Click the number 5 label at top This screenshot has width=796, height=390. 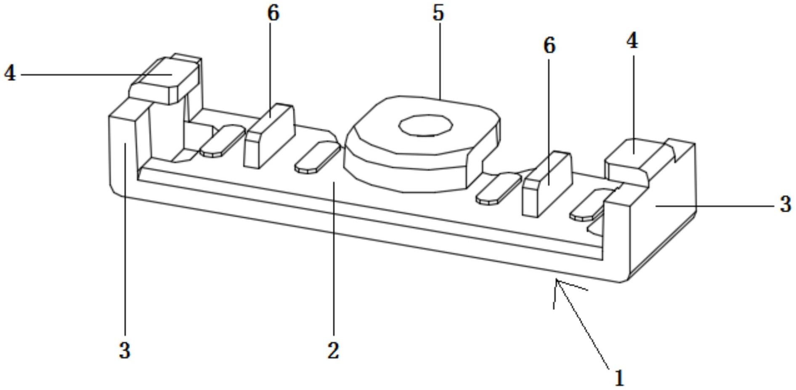click(x=438, y=13)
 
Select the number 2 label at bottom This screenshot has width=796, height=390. click(x=333, y=350)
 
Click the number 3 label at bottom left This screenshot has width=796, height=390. click(x=125, y=350)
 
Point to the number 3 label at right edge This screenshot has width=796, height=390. click(x=785, y=205)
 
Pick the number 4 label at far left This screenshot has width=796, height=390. click(x=10, y=74)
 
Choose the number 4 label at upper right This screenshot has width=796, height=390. click(x=632, y=41)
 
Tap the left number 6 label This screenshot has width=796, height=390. click(x=273, y=13)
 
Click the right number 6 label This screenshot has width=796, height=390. click(x=549, y=45)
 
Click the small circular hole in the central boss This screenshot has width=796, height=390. click(x=425, y=125)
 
